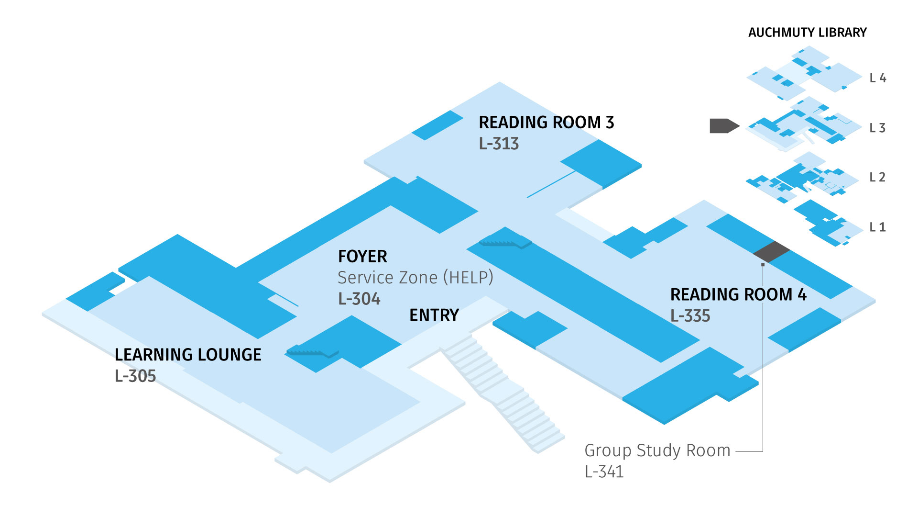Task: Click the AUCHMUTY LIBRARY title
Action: [807, 33]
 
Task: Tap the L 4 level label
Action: [877, 78]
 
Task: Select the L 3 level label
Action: [877, 128]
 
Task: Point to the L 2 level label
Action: [877, 177]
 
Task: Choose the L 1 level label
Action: [877, 227]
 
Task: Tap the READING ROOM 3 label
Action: [546, 123]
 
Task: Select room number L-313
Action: [499, 144]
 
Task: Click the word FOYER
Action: [362, 257]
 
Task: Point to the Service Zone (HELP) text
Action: [415, 278]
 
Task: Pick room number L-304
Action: [359, 299]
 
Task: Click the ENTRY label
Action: [434, 315]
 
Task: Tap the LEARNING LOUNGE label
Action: [188, 355]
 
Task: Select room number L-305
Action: [135, 376]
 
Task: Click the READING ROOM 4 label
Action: [738, 294]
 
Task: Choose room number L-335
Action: [690, 316]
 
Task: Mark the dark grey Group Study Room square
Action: [771, 252]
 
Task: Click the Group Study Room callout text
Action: [657, 450]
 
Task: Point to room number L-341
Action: [604, 472]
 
